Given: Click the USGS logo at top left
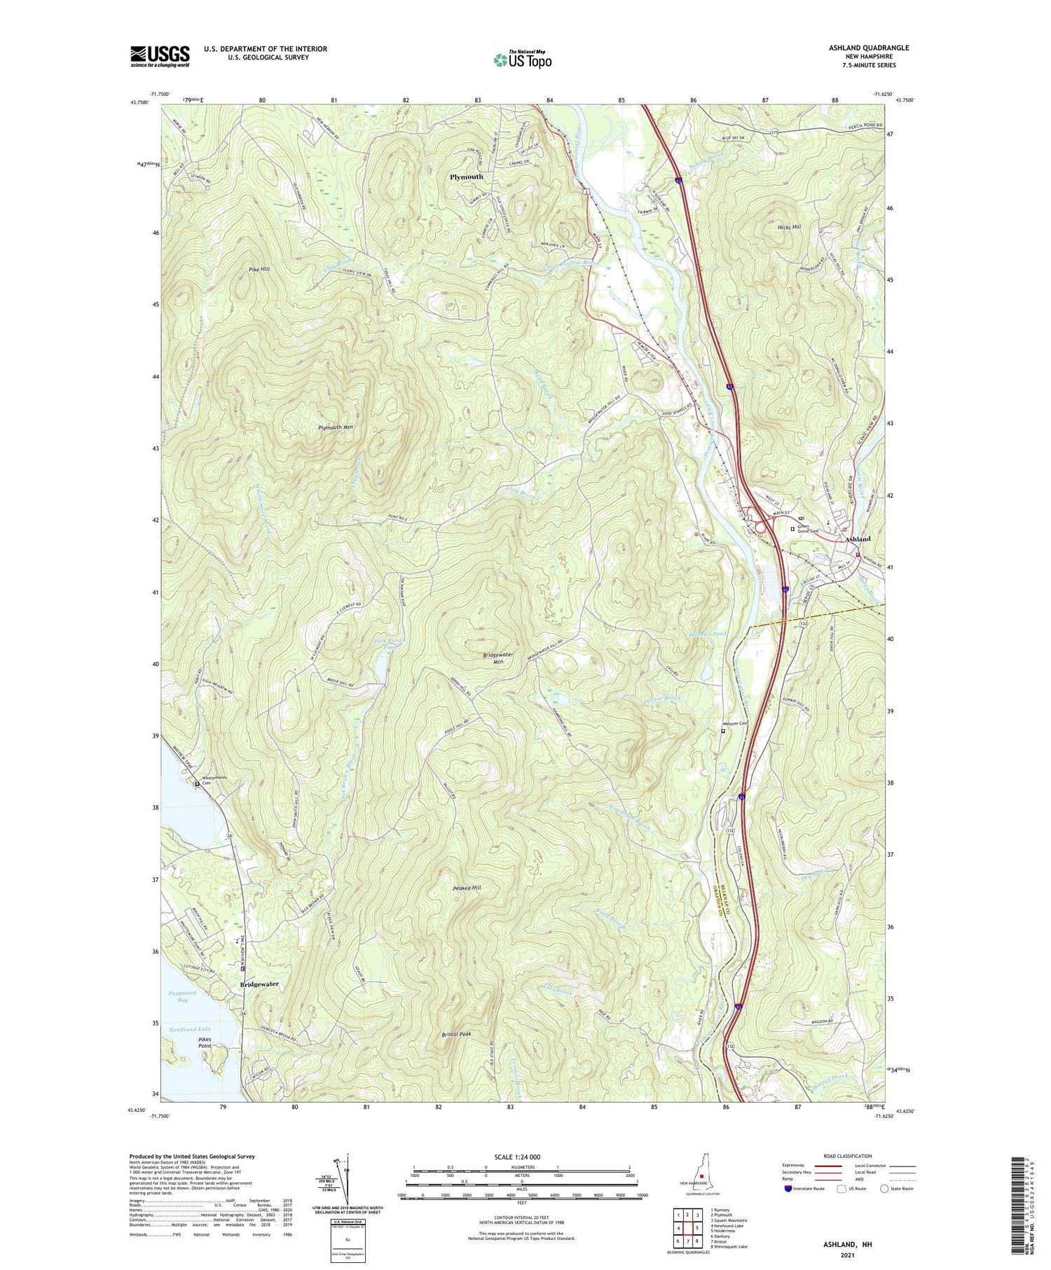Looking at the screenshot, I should pos(160,56).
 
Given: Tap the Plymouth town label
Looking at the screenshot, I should pos(467,177).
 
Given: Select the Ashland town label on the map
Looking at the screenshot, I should pos(858,539).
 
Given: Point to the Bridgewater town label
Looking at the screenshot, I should pos(259,984).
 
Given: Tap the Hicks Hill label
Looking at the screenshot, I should pos(789,228).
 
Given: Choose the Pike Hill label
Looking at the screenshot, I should pos(258,269).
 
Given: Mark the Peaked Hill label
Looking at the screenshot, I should pos(467,888).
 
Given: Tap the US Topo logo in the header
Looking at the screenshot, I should pos(522,60).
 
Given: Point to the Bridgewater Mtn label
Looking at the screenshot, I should pos(498,658).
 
